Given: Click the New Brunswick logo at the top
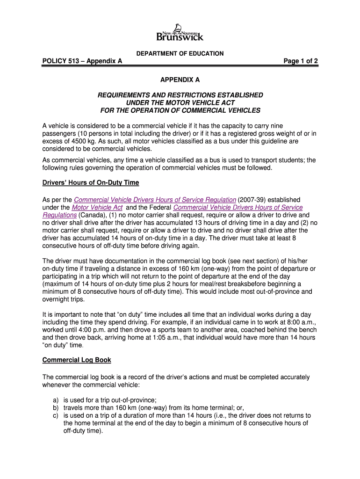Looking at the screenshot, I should point(180,32).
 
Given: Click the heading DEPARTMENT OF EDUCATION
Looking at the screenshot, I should point(180,54).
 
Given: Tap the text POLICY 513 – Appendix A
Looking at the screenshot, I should point(82,61).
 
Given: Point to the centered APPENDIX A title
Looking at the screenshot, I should point(180,80).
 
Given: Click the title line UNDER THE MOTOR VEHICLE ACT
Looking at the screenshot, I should point(180,102).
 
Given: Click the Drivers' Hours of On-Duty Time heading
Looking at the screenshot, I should point(91,182).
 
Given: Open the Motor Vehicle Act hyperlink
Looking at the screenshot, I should point(97,207).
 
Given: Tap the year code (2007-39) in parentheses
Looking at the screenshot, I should point(253,200).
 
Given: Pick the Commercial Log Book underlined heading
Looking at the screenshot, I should point(77,360).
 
